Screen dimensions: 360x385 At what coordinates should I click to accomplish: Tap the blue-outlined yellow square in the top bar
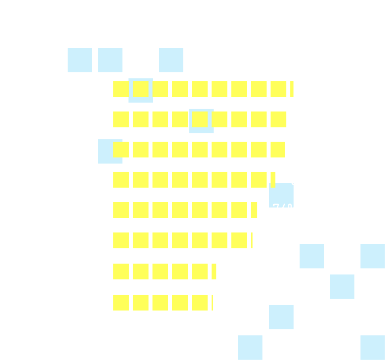pos(141,89)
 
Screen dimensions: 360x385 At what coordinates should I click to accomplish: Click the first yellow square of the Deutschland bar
pos(121,303)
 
